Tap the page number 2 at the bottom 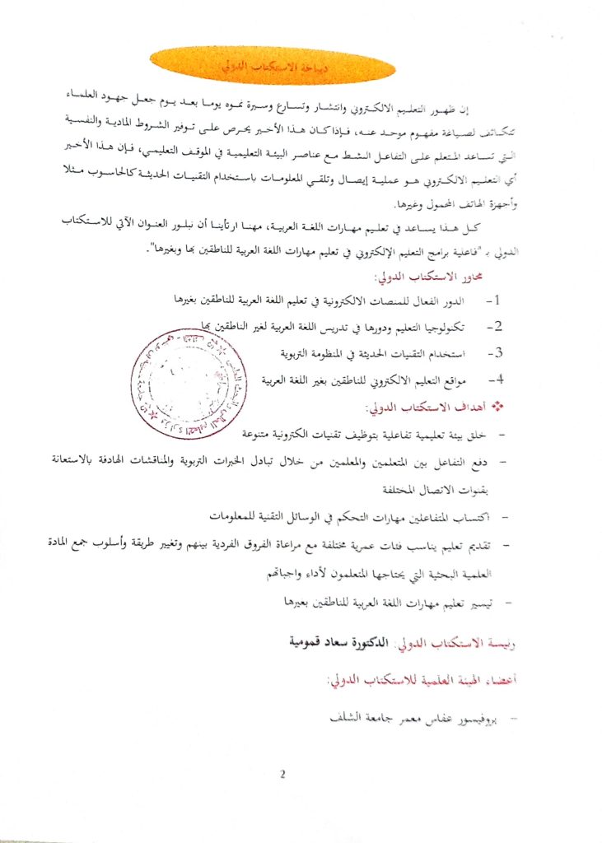[282, 774]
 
